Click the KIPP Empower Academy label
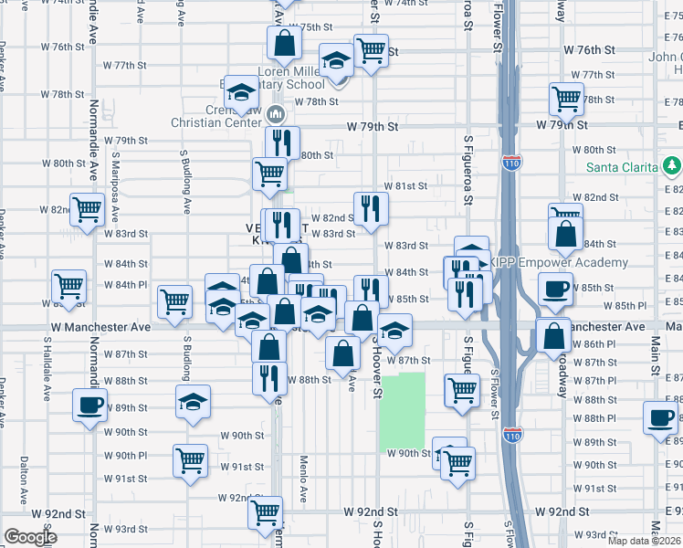(x=560, y=263)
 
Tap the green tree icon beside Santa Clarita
(x=672, y=164)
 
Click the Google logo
(x=30, y=537)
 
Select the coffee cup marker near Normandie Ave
(x=89, y=405)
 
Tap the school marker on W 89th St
(x=193, y=402)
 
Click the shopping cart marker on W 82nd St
(x=88, y=209)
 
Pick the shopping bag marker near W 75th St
(x=284, y=42)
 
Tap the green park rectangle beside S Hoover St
(x=403, y=410)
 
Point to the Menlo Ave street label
(x=303, y=479)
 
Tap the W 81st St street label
(x=406, y=186)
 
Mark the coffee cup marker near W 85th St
(x=556, y=291)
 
